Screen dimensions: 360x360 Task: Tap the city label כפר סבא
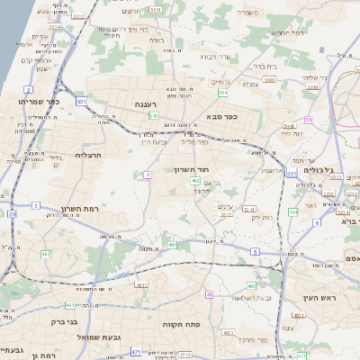[x=220, y=116]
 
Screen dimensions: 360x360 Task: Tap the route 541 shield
[x=154, y=115]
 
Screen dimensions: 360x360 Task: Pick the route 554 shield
[x=221, y=92]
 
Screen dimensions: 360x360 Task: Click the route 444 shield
[x=293, y=212]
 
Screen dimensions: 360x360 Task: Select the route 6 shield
[x=317, y=221]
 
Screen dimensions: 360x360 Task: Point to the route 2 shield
[x=29, y=90]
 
